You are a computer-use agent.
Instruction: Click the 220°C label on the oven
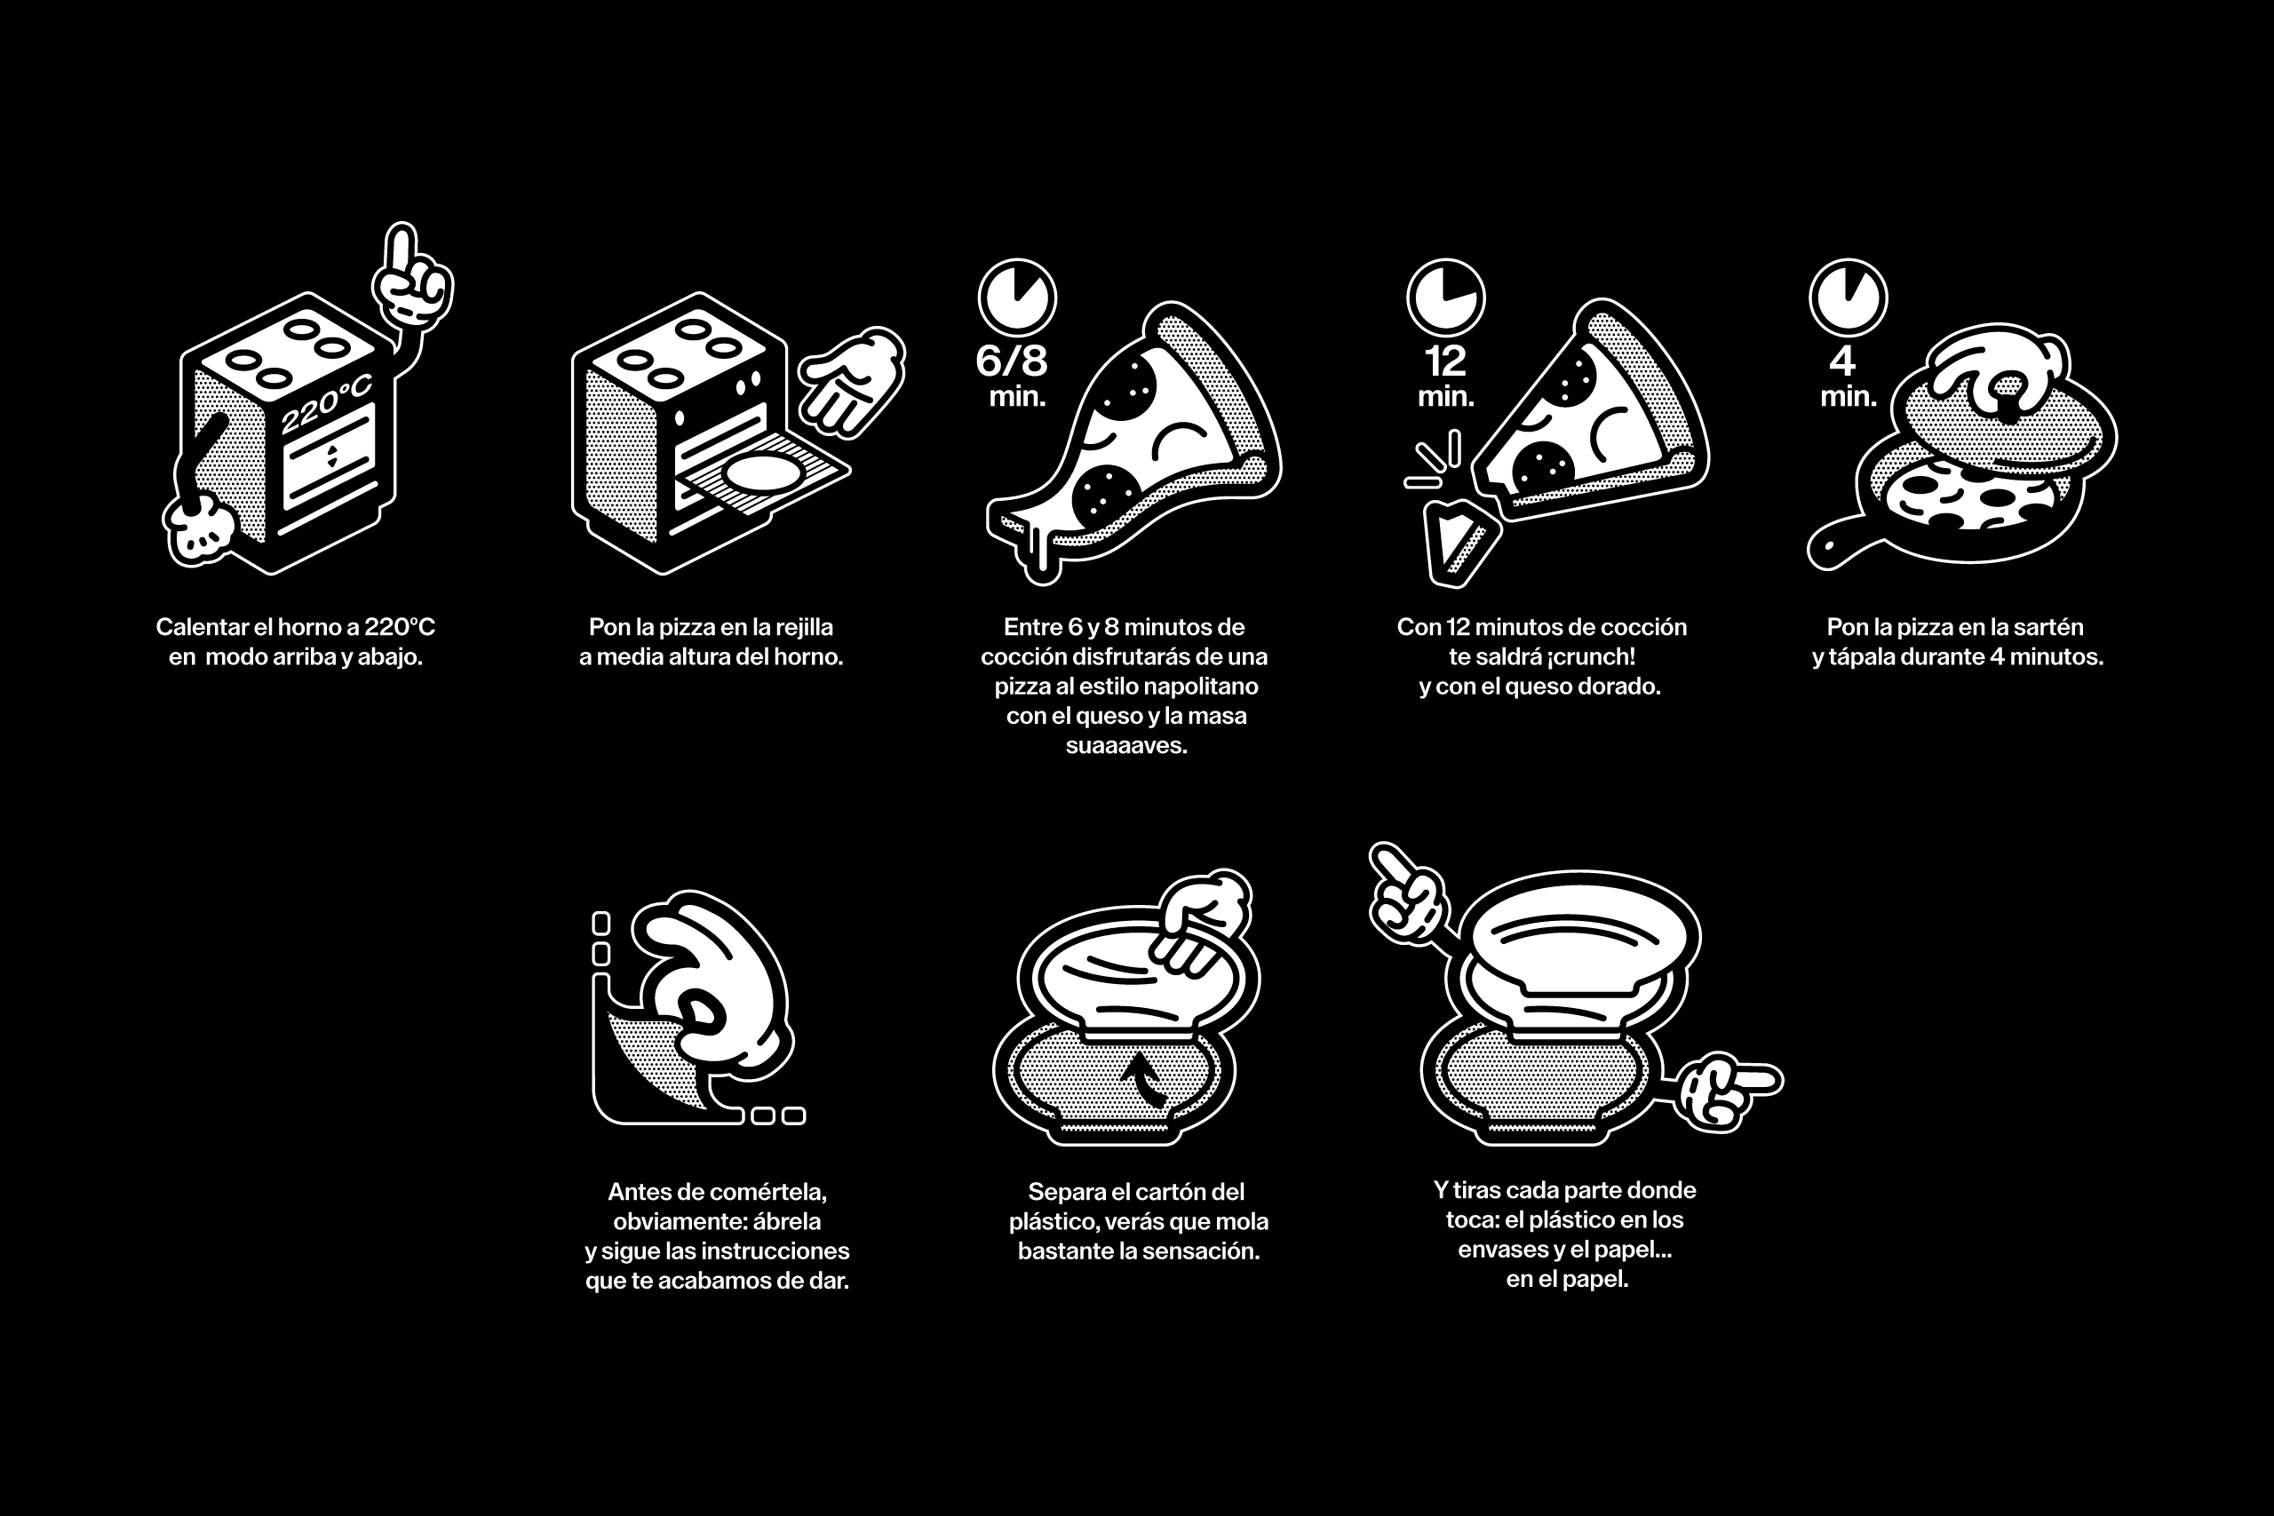[x=326, y=404]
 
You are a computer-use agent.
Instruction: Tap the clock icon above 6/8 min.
[x=1017, y=297]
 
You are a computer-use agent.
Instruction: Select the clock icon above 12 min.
[x=1445, y=297]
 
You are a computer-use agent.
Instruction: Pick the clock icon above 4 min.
[x=1848, y=297]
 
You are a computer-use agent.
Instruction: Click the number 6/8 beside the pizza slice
[x=1012, y=361]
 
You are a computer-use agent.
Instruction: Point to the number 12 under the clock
[x=1445, y=361]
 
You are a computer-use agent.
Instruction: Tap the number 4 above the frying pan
[x=1841, y=361]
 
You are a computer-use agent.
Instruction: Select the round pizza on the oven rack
[x=764, y=472]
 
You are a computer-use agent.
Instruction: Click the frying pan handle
[x=1841, y=546]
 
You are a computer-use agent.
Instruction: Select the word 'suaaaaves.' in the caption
[x=1126, y=745]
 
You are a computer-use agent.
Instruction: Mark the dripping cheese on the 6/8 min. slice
[x=1040, y=556]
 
